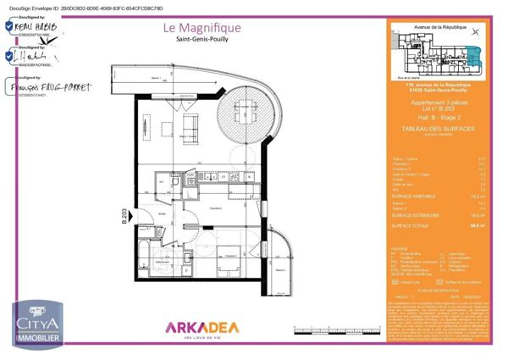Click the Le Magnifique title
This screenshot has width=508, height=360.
point(202,28)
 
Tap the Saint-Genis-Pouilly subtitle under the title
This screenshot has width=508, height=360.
point(202,42)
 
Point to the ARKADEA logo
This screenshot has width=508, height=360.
point(202,327)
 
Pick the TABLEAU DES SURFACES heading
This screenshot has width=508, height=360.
point(437,129)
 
